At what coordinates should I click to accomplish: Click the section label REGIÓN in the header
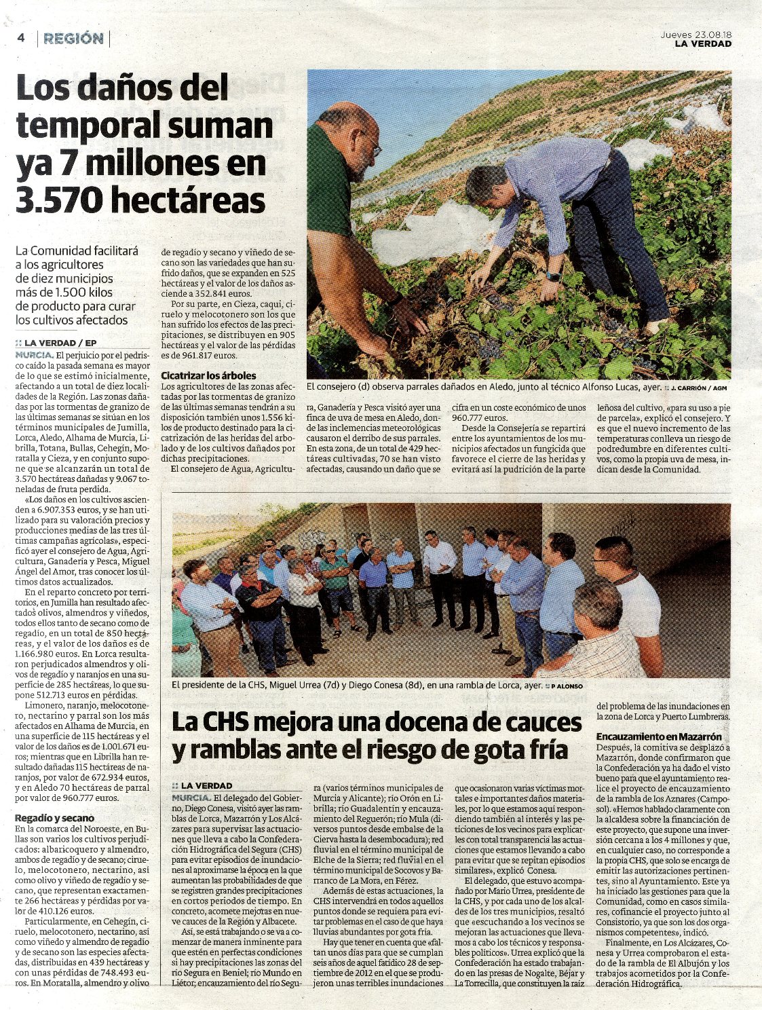point(73,39)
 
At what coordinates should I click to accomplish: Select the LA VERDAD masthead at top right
point(703,44)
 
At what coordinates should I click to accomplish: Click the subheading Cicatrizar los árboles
point(208,375)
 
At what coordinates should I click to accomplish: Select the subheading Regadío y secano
point(55,818)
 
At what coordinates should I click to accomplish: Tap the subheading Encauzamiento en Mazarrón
point(659,736)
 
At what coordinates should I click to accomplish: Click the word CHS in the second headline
point(234,722)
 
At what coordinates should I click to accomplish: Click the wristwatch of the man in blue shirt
point(554,277)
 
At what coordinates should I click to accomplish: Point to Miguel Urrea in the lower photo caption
point(299,686)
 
